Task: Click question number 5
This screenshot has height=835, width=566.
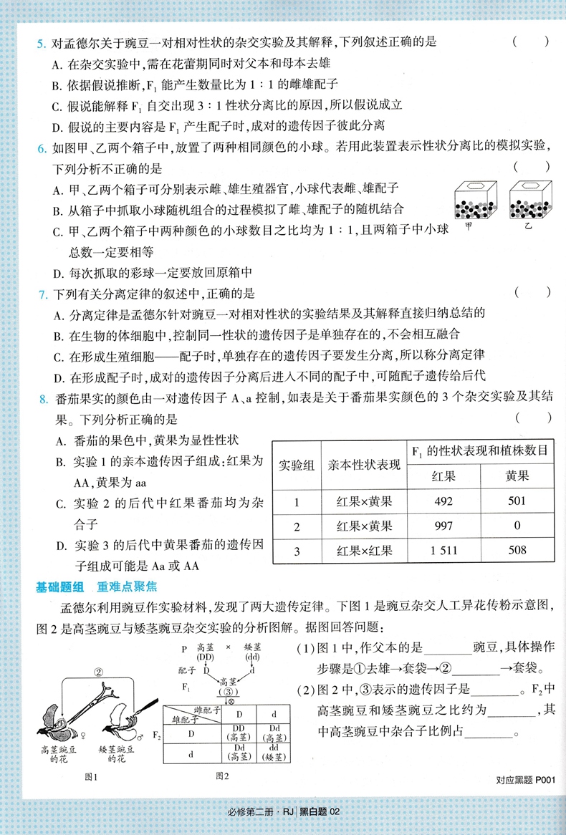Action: [42, 42]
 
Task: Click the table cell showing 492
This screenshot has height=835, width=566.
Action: [443, 501]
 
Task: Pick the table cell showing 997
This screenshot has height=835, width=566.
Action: [443, 526]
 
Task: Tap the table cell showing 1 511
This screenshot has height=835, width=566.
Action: [443, 550]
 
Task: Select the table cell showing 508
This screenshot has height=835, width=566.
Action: [517, 550]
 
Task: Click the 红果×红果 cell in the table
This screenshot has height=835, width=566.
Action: [364, 550]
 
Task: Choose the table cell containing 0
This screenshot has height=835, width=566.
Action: [517, 526]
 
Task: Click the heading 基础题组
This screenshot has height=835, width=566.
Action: [60, 588]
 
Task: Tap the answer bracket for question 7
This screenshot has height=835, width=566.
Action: [532, 294]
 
